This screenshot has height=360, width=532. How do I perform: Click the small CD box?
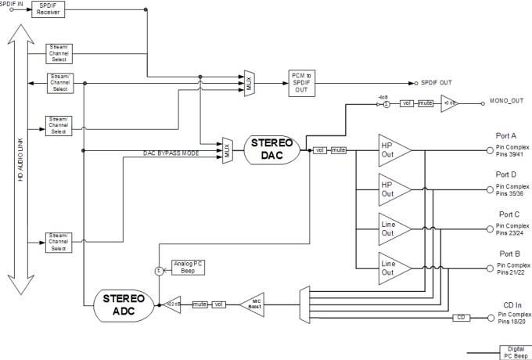461,318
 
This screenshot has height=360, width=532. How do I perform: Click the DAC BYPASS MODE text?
171,153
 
